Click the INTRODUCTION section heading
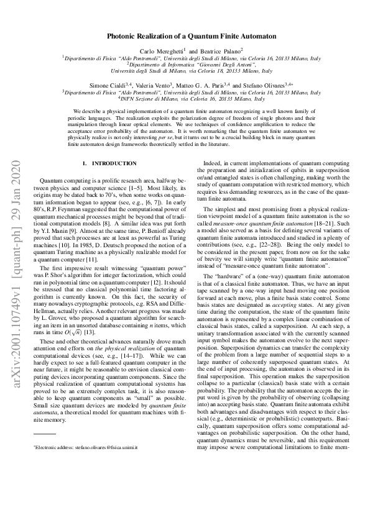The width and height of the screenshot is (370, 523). coord(114,163)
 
